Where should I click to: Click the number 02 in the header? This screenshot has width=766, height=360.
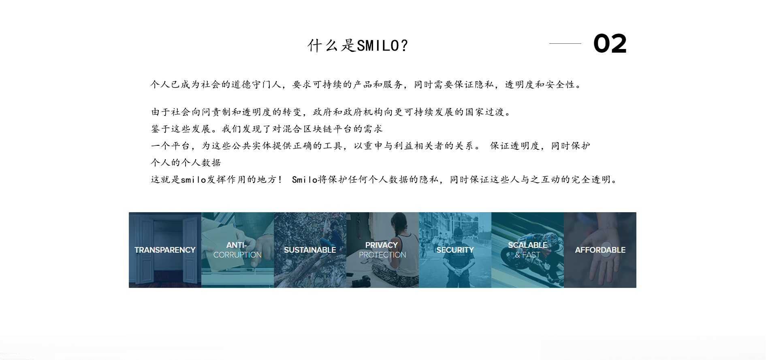pos(610,43)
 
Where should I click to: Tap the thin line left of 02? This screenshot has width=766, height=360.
pos(565,43)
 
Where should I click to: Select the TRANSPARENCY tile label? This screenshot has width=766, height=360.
pos(165,250)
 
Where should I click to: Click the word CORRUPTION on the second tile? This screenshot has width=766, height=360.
pos(237,255)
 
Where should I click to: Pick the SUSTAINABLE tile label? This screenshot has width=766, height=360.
pos(310,250)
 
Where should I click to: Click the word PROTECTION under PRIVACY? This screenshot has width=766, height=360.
pos(382,255)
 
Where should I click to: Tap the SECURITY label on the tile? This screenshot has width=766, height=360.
pos(455,250)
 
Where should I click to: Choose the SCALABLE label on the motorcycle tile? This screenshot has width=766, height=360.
pos(527,245)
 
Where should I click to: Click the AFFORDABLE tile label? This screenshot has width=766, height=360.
pos(600,250)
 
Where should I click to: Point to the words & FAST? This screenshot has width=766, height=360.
pos(527,255)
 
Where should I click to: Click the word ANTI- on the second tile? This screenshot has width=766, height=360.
pos(237,245)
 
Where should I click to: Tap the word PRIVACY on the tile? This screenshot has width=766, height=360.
pos(382,245)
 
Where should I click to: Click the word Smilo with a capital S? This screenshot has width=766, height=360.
pos(305,179)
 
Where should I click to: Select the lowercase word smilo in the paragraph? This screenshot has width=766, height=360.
pos(194,179)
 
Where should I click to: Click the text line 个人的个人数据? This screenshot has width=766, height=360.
pos(186,162)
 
